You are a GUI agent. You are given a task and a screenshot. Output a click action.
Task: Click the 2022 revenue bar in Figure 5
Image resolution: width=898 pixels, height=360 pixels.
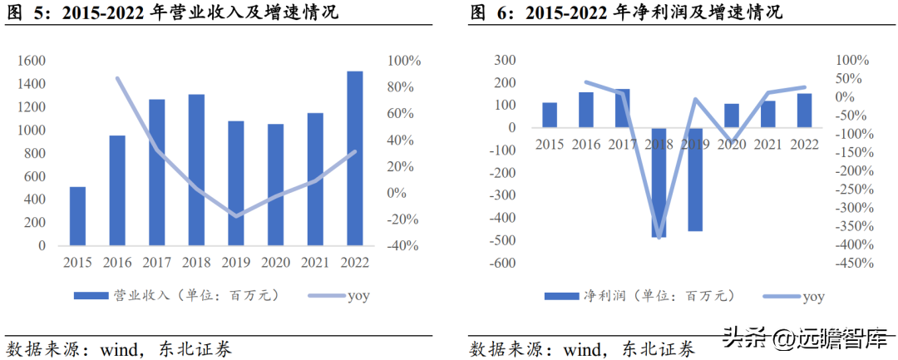(x=355, y=159)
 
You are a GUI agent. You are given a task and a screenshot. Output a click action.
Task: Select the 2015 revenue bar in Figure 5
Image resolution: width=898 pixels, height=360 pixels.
(x=77, y=216)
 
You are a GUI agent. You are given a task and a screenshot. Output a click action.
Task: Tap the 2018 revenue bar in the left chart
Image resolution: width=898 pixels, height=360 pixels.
(x=196, y=170)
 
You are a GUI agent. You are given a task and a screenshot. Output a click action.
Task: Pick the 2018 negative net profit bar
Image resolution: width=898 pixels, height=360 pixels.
(x=658, y=183)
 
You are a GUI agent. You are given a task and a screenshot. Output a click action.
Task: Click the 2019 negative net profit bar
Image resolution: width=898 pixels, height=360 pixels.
(x=694, y=180)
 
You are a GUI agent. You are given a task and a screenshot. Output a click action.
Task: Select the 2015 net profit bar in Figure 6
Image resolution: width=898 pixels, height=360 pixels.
(x=550, y=115)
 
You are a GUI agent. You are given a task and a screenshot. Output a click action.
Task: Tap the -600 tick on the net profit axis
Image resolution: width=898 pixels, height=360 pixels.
(x=503, y=264)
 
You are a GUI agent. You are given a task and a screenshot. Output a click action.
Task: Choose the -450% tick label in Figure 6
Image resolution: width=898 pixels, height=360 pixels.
(x=855, y=264)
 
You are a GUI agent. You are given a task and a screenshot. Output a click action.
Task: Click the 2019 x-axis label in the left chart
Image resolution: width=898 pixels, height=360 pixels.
(x=236, y=263)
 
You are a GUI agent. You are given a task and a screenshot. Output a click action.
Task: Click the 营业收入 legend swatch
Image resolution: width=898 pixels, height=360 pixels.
(x=91, y=295)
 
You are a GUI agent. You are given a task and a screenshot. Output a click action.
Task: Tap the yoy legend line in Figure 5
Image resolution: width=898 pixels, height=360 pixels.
(x=327, y=296)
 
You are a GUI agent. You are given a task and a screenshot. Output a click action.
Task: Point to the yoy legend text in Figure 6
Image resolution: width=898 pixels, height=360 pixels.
(x=813, y=297)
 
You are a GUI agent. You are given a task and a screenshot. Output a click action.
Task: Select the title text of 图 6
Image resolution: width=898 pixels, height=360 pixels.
(x=626, y=12)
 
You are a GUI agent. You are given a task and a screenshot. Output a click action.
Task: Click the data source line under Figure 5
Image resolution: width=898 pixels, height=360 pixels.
(x=119, y=349)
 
